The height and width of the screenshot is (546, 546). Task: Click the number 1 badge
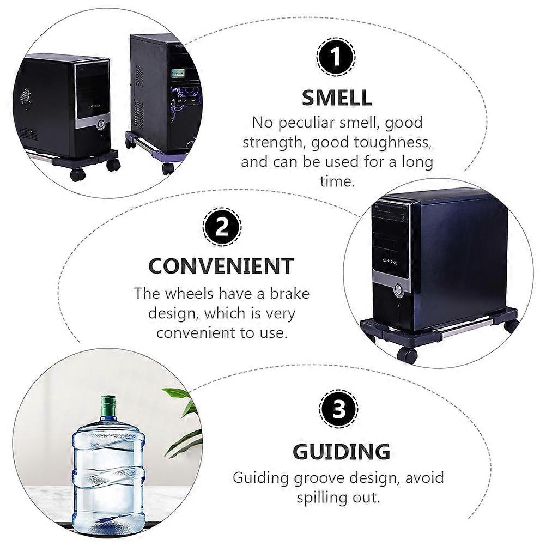click(336, 57)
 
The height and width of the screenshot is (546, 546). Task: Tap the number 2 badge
click(222, 227)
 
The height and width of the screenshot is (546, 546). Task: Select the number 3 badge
click(338, 409)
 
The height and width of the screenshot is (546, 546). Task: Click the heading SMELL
click(336, 98)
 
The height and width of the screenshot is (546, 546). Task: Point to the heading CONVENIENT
click(221, 266)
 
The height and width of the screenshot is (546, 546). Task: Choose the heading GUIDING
click(341, 452)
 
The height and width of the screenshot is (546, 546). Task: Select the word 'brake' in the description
click(290, 293)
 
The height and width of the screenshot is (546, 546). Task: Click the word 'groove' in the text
click(319, 479)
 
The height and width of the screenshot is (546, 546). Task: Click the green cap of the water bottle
click(108, 403)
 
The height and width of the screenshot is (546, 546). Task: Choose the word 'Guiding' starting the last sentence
click(261, 479)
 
